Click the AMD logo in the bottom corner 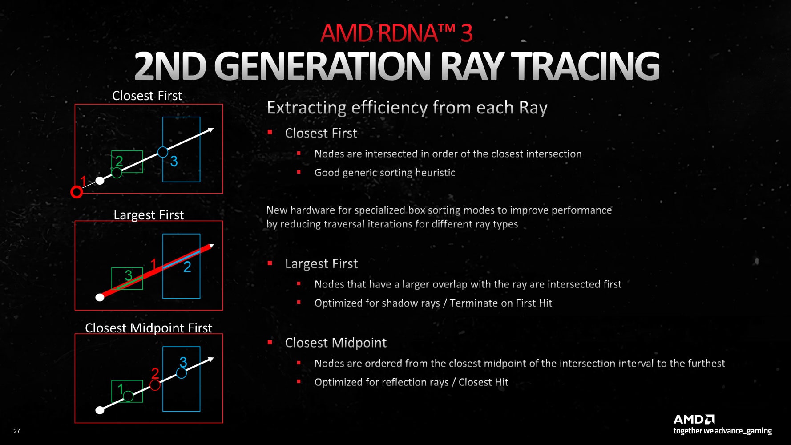click(694, 419)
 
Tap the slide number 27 click(17, 431)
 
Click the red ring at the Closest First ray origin click(77, 192)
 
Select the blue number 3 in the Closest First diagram click(174, 161)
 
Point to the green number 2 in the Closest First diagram click(119, 161)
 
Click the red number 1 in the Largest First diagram click(153, 264)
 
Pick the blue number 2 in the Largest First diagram click(187, 267)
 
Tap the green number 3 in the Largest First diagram click(129, 275)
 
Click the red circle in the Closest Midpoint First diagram click(155, 385)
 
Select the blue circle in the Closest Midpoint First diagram click(182, 373)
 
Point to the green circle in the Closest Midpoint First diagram click(128, 396)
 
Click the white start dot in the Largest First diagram click(100, 297)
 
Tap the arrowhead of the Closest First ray click(210, 130)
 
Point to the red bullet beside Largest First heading click(270, 263)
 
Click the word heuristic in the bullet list click(435, 173)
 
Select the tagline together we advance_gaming click(722, 431)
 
